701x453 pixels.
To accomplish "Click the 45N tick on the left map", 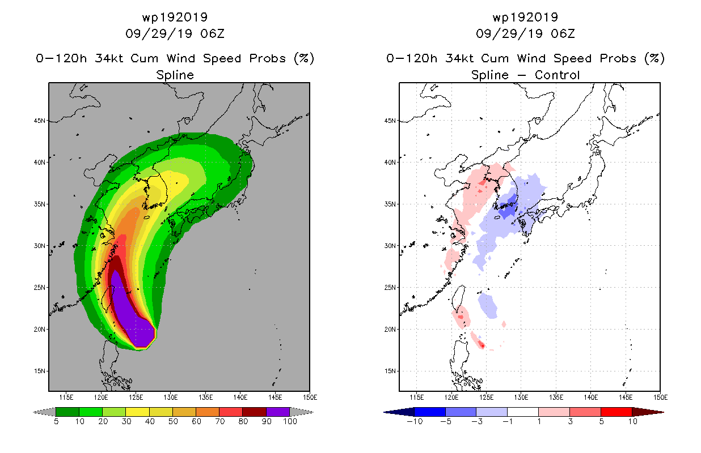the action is [40, 121].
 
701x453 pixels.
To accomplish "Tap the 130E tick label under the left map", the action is [171, 398].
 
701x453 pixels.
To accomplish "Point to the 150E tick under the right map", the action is [660, 398].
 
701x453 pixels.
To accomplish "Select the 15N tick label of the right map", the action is [390, 371].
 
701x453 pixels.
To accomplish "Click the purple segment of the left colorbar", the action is [278, 412].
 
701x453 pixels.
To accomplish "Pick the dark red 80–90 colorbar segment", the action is [255, 412].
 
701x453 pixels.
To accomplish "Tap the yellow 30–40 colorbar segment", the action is [138, 412].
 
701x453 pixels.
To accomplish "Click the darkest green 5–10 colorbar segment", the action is [67, 412].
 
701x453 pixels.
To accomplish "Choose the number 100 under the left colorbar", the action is [290, 422].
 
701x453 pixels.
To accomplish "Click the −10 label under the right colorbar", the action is [415, 422].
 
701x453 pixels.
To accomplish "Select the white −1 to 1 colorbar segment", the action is [523, 412].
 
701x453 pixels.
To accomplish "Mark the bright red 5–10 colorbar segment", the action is [616, 412].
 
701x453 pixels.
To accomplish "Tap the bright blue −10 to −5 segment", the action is [430, 412].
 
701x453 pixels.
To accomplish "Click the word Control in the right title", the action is [557, 75].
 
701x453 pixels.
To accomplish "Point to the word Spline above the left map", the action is [175, 75].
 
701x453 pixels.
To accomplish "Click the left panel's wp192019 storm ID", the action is [175, 17].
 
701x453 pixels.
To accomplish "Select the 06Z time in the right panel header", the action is [563, 33].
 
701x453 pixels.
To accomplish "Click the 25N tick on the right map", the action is [390, 288].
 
